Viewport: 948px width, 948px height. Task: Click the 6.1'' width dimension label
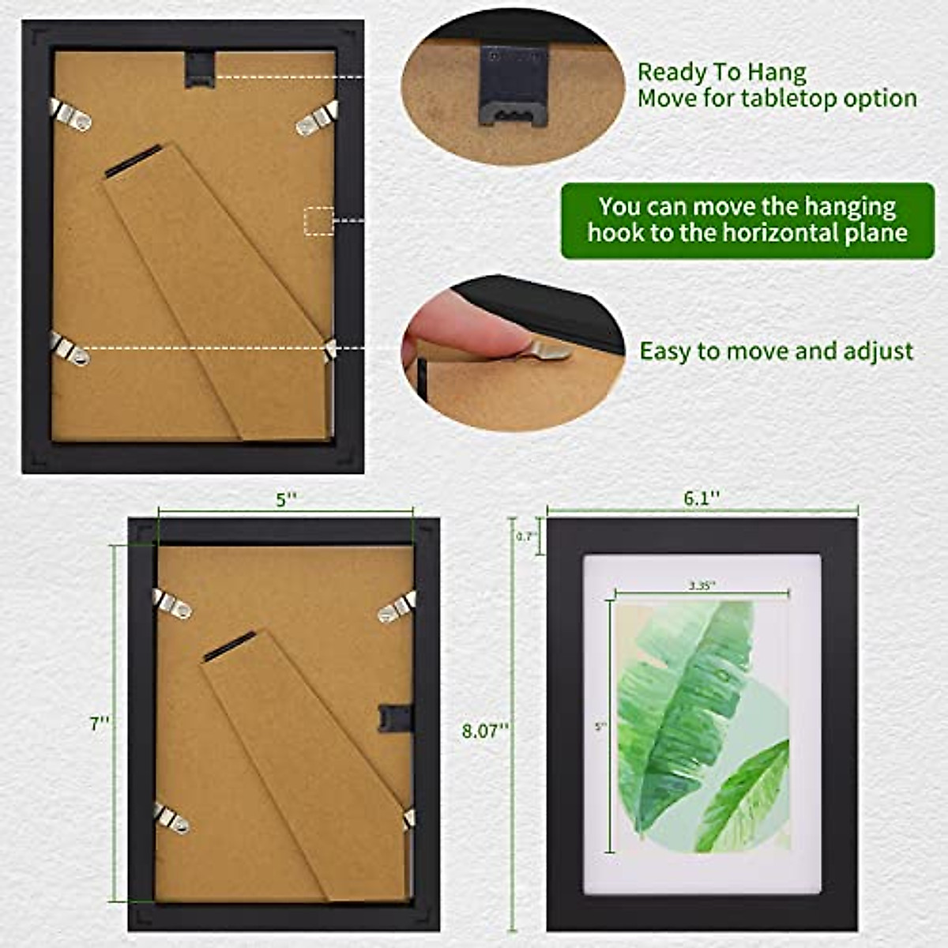(x=702, y=498)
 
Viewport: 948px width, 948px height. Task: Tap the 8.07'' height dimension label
(x=483, y=730)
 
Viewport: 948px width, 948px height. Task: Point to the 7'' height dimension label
(x=100, y=723)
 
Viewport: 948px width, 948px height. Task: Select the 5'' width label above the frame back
(x=286, y=499)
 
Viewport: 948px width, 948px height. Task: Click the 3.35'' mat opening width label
(x=702, y=585)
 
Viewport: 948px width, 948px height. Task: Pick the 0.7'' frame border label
(x=527, y=536)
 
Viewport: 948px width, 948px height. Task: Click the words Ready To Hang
(x=721, y=73)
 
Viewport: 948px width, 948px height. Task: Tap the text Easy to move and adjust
(x=776, y=351)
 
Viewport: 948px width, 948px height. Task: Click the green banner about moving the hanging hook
(x=747, y=220)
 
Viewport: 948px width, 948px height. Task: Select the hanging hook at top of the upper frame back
(x=199, y=66)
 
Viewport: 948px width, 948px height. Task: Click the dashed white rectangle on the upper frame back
(x=319, y=220)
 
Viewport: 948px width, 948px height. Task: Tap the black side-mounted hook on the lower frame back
(x=396, y=717)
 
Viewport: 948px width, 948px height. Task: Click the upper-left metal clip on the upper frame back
(x=70, y=114)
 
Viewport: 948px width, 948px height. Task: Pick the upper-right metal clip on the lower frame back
(x=397, y=608)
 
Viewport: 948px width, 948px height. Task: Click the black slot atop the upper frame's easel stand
(x=134, y=160)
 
